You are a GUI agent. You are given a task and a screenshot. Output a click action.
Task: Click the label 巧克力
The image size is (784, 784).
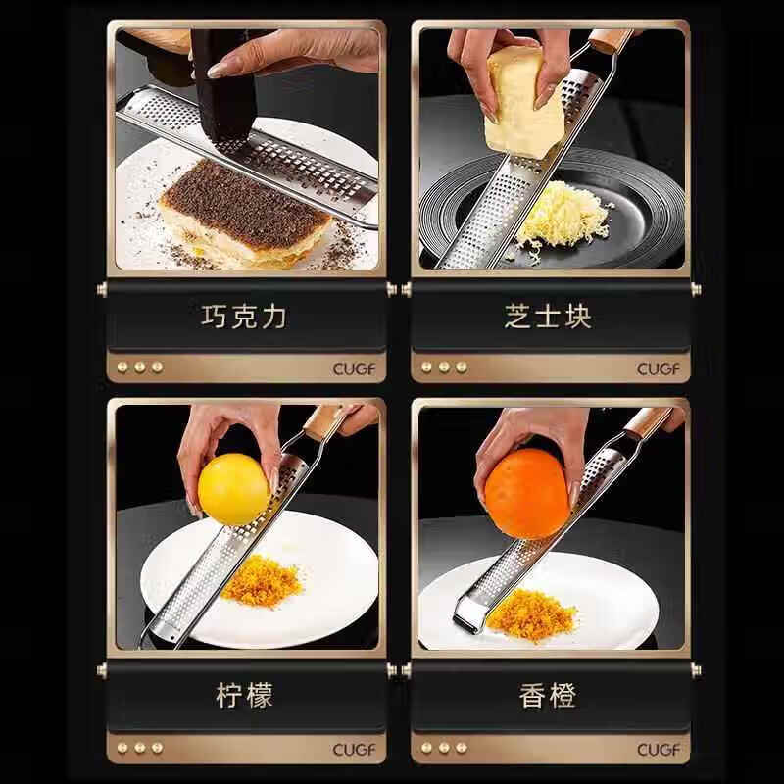[244, 316]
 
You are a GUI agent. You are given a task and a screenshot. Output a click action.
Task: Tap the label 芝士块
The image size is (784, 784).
[548, 316]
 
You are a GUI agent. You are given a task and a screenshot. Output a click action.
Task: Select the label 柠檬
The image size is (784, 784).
[244, 696]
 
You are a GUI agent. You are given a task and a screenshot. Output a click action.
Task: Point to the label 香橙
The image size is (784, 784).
[548, 696]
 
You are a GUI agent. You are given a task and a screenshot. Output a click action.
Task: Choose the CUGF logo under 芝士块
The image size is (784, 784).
[658, 368]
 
